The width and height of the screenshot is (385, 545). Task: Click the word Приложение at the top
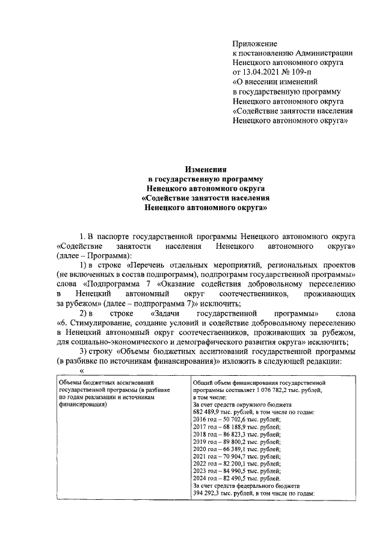[254, 43]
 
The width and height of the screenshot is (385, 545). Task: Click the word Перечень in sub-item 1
[149, 266]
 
